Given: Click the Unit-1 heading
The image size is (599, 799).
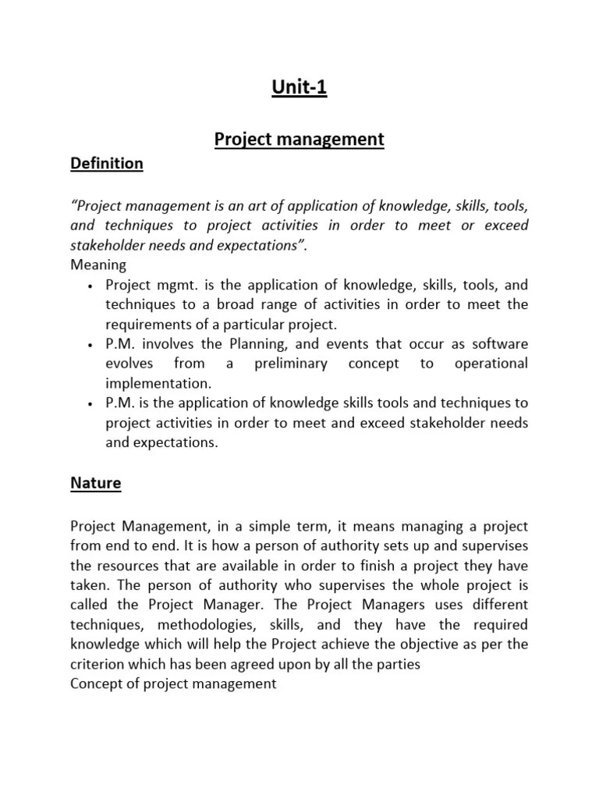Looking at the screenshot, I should (299, 87).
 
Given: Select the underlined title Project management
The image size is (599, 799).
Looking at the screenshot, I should (299, 139).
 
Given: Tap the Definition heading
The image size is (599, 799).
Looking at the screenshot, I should (107, 163).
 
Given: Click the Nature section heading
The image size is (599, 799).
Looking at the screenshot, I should (96, 483).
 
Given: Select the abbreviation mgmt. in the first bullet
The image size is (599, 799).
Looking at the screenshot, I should (172, 284).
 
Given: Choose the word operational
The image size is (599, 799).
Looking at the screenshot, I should (490, 364).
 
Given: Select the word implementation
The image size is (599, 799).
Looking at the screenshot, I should (158, 384).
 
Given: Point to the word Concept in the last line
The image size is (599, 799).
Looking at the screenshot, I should (97, 684).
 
